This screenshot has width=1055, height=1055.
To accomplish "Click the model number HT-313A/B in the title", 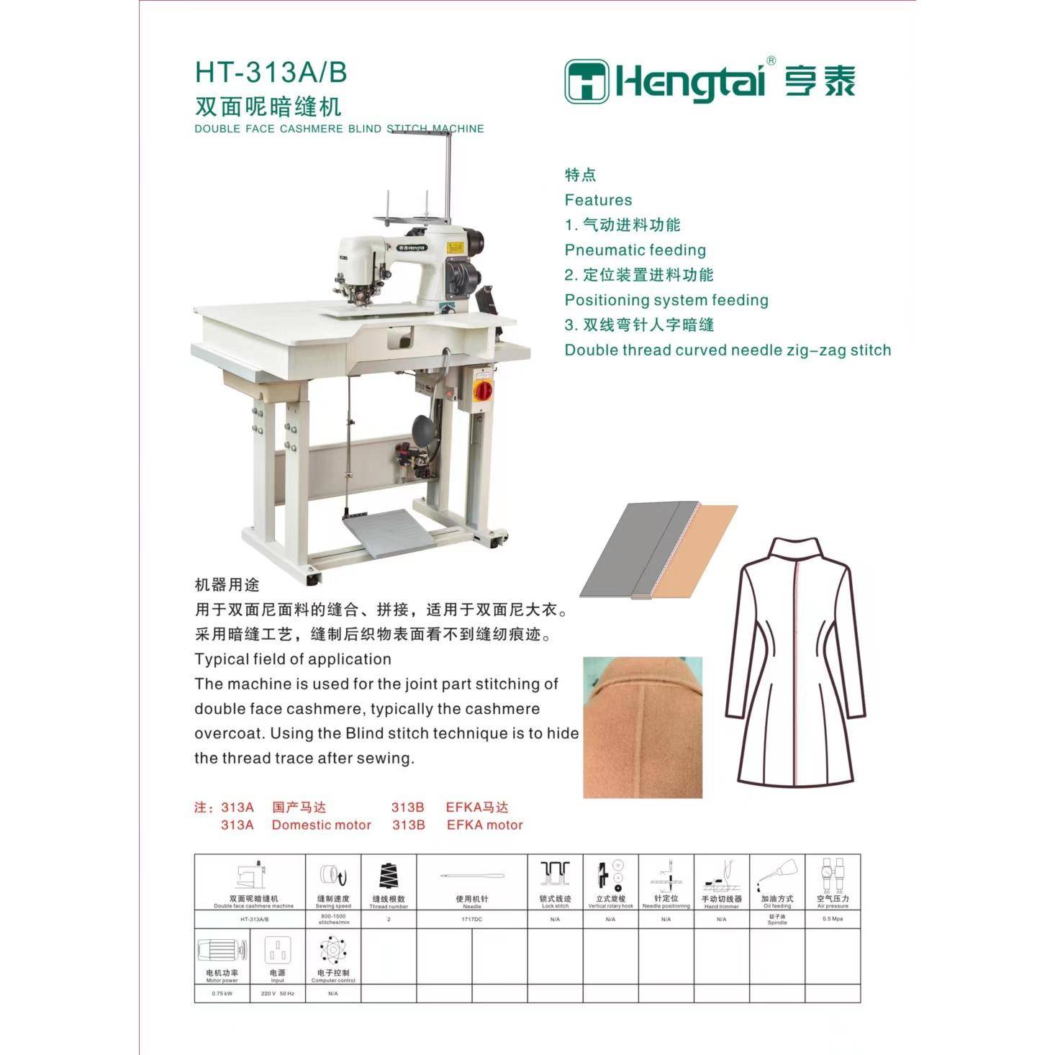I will point(271,73).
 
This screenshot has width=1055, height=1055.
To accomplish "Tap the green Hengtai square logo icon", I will point(586,81).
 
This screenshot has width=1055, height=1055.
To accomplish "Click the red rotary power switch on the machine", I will point(482,389).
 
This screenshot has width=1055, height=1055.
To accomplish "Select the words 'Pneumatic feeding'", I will point(635,250).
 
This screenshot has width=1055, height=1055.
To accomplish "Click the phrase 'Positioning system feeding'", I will point(666,300).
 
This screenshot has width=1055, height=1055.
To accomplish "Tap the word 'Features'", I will point(598,200).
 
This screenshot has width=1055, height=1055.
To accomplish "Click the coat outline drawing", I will point(795,662).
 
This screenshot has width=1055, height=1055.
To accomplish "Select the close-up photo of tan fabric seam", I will point(642,727).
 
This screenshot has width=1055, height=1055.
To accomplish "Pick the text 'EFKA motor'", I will point(484,825).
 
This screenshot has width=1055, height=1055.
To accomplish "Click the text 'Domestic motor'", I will point(321,825).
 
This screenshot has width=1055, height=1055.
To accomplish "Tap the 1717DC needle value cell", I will point(472,919).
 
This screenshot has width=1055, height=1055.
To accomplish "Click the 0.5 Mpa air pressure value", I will point(833,919).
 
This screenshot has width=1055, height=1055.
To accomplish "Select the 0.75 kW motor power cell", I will point(222,994).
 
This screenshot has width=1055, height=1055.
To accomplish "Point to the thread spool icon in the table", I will point(388,876).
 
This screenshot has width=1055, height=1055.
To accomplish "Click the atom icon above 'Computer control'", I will point(333,950).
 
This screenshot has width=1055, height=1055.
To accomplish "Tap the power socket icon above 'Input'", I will point(277,951).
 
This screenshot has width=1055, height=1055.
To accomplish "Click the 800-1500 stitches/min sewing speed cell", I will point(333,919).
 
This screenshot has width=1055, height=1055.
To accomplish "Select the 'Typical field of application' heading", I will point(293,659).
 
